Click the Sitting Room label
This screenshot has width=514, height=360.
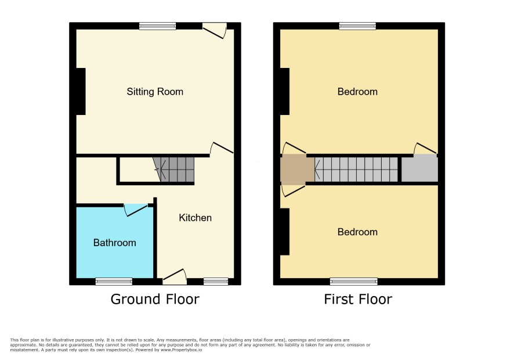tap(155, 92)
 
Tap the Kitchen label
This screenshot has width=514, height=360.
tap(195, 218)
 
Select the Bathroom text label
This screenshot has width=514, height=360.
tap(114, 243)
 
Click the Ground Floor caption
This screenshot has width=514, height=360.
tap(155, 299)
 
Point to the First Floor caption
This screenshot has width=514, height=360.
tap(357, 299)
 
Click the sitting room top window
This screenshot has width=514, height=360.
tap(157, 26)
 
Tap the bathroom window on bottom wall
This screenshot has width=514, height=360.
tap(114, 281)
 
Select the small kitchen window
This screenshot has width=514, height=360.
tap(216, 281)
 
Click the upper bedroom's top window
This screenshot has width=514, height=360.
tap(357, 26)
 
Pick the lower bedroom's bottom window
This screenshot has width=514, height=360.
tap(354, 281)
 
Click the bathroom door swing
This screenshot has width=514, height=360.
tap(136, 210)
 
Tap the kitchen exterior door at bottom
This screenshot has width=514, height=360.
tap(175, 276)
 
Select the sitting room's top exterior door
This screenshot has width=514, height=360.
tap(215, 30)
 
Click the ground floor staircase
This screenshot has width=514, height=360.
tap(173, 170)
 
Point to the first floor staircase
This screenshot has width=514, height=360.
tap(356, 170)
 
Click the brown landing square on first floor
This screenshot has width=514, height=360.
tap(298, 170)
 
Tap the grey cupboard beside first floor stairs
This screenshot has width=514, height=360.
tap(419, 169)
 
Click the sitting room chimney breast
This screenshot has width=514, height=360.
tap(81, 92)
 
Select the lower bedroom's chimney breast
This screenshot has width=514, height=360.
tap(284, 232)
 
